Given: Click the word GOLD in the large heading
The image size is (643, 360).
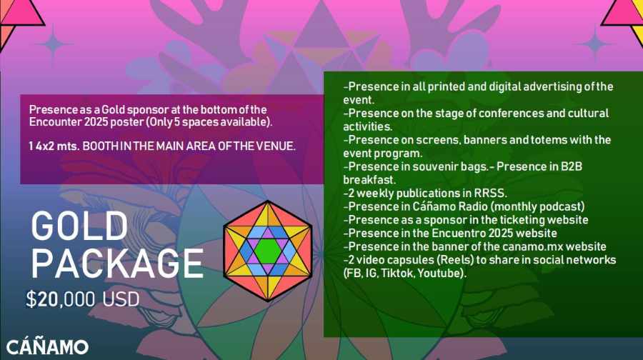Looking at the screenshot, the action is coord(79,226).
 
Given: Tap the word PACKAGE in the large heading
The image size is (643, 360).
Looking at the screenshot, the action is coord(118,264).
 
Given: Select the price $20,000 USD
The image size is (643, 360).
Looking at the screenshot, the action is coord(83,299).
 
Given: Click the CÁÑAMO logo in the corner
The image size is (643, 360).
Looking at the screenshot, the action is coord(48,346).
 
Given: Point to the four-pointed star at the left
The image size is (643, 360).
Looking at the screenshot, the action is coord(53,44).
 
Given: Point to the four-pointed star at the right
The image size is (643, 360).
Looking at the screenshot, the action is coord(594,44).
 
